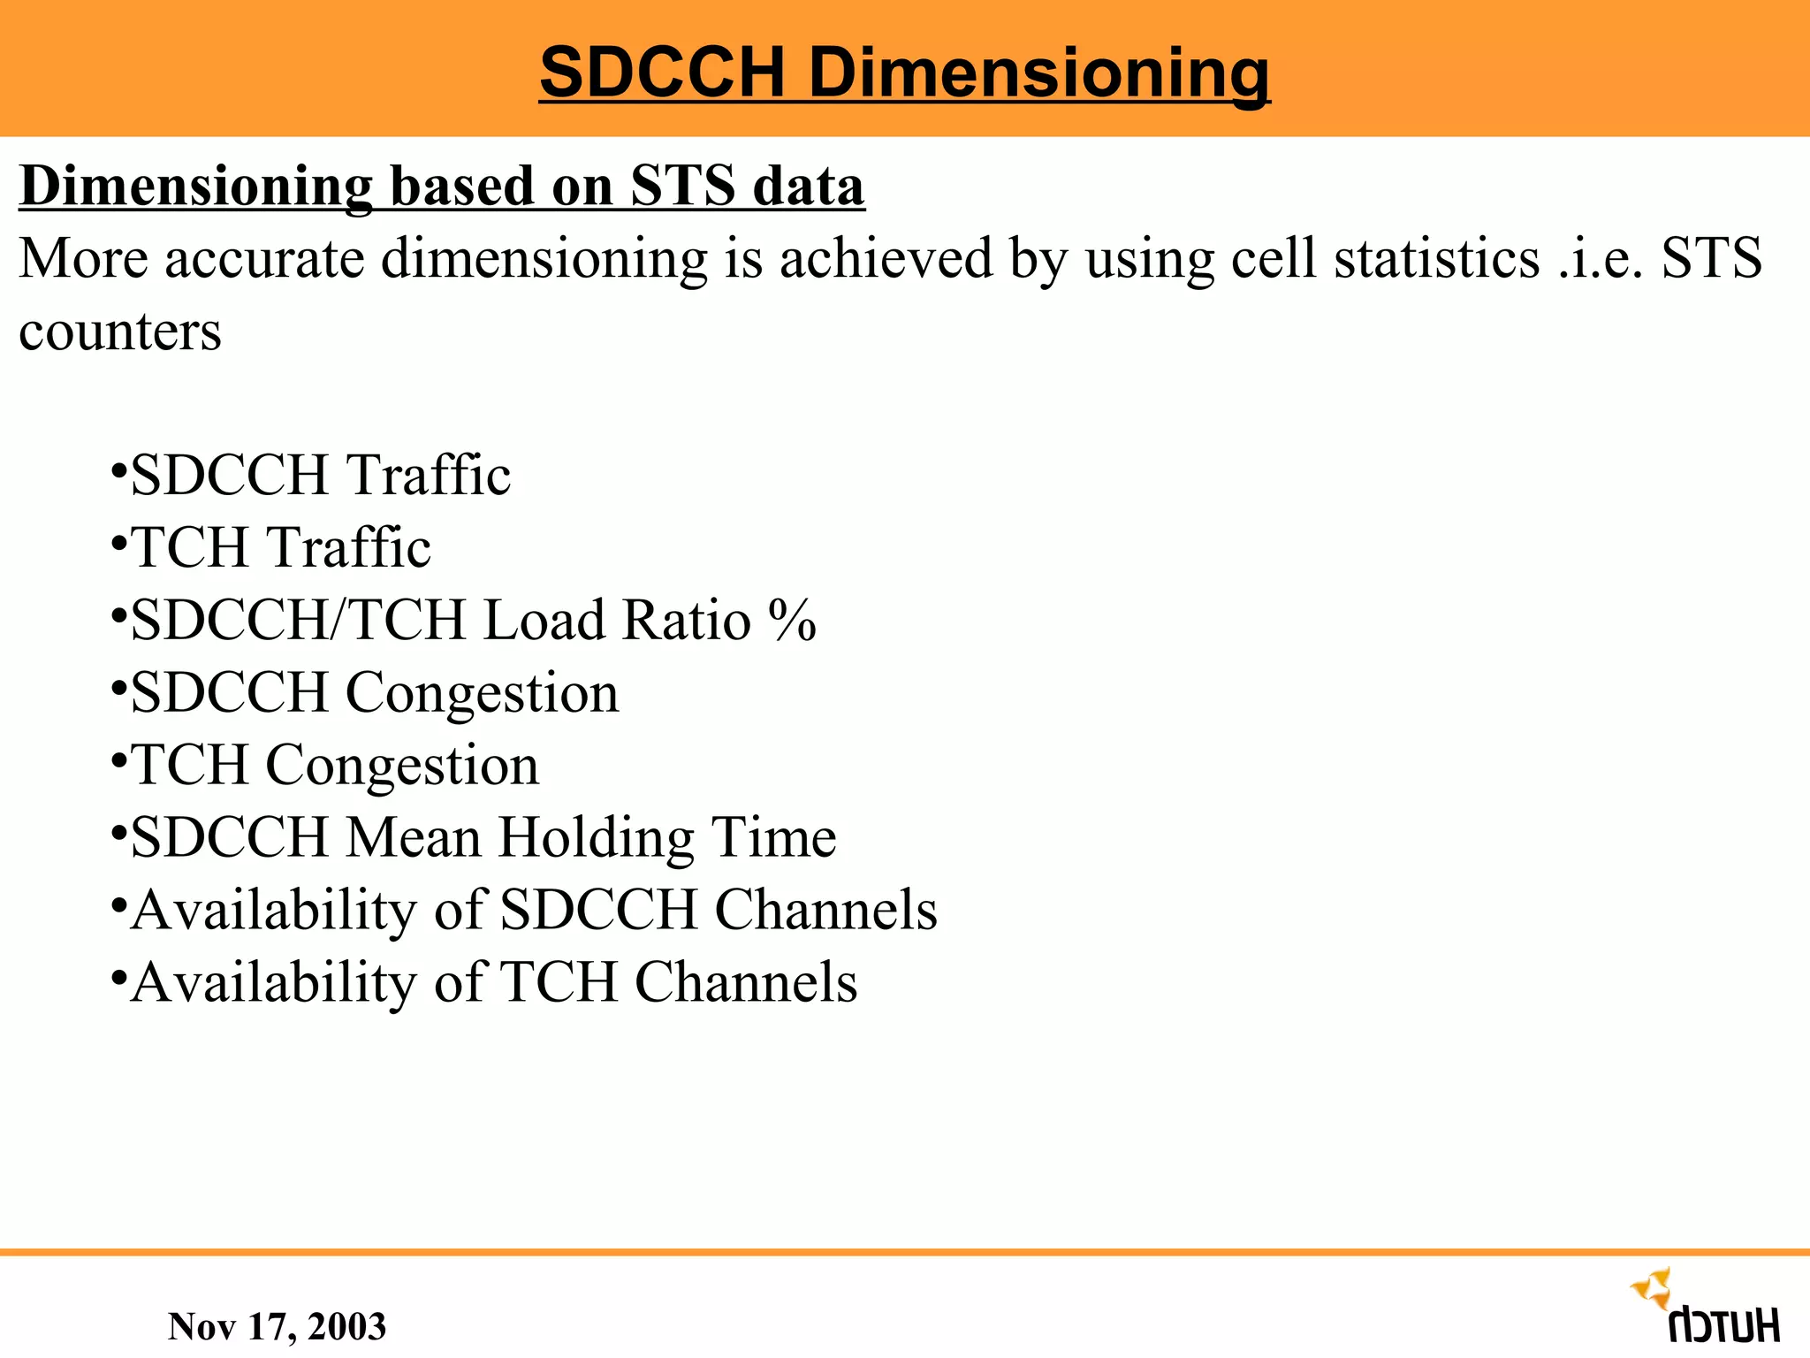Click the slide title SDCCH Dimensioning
pos(904,72)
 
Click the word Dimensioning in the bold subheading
pos(195,187)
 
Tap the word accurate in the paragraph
pos(264,259)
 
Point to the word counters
pos(120,332)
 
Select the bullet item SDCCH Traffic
pos(319,475)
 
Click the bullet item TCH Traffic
pos(280,547)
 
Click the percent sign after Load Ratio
pos(792,620)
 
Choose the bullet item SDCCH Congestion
pos(374,692)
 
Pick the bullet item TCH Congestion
pos(334,765)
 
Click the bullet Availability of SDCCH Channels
pos(533,910)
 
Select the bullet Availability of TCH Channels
pos(493,982)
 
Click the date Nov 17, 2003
pos(277,1326)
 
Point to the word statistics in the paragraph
pos(1437,259)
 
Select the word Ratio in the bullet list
pos(687,620)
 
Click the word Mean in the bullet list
pos(413,837)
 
